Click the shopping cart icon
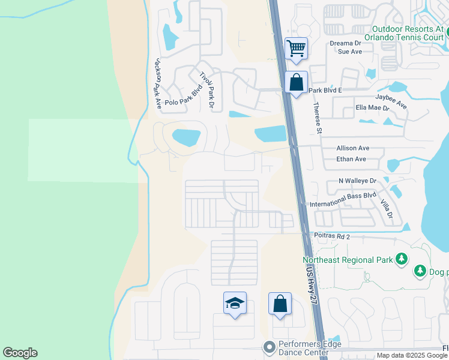pyautogui.click(x=296, y=47)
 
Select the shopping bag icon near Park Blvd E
pyautogui.click(x=297, y=83)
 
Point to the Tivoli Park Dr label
pyautogui.click(x=207, y=89)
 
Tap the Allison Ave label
pyautogui.click(x=353, y=148)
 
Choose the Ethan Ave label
pyautogui.click(x=352, y=159)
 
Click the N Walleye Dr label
pyautogui.click(x=357, y=181)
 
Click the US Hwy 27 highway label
pyautogui.click(x=310, y=280)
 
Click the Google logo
pyautogui.click(x=20, y=353)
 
